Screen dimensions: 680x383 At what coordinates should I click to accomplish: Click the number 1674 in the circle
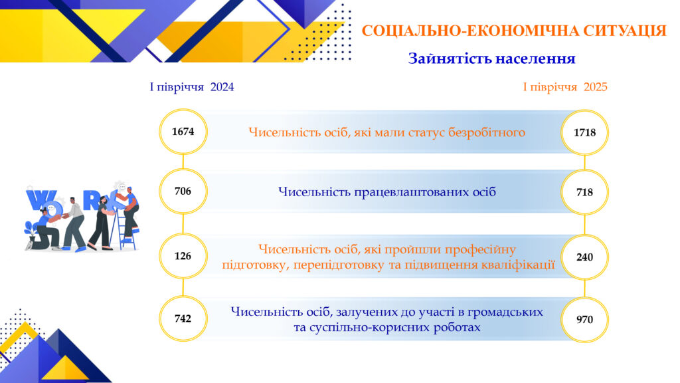183,132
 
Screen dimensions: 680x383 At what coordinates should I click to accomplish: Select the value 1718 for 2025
584,132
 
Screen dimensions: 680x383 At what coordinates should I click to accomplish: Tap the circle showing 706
183,191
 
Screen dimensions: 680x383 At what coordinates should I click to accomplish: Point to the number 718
584,192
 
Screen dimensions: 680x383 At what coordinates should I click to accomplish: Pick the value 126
183,256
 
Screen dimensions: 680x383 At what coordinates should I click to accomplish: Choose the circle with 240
584,257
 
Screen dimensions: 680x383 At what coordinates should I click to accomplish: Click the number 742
183,319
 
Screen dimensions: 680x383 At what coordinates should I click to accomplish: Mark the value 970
584,320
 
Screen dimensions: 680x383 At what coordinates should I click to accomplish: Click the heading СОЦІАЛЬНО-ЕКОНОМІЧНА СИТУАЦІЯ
514,31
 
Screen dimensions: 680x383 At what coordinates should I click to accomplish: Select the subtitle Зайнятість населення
492,59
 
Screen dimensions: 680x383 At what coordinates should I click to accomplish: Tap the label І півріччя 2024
192,87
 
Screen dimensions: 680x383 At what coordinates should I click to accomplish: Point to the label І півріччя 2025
565,87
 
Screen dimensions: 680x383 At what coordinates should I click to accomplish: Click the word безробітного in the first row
487,132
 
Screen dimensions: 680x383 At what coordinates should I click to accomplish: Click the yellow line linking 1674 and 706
183,162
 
